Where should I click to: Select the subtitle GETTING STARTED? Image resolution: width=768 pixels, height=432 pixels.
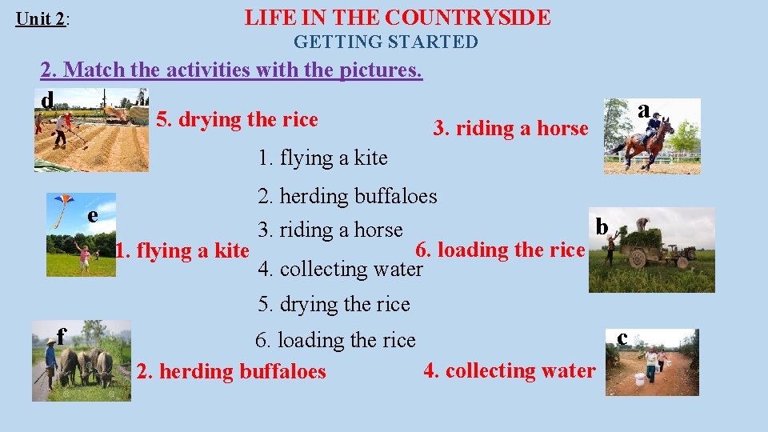386,42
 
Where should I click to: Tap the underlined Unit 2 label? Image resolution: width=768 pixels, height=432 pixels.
41,18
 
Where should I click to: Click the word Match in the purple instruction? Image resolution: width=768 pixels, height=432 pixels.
94,70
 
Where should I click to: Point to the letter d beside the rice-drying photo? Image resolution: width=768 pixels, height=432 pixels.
48,100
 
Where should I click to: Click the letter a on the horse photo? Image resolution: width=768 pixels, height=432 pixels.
644,110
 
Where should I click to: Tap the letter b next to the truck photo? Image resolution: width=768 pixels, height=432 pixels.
602,226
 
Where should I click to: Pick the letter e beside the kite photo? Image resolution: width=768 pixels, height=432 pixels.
93,214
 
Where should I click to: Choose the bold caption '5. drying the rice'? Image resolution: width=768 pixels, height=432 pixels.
237,120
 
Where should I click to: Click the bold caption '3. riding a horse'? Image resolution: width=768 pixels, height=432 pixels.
510,128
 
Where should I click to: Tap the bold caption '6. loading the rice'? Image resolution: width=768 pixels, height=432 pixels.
500,250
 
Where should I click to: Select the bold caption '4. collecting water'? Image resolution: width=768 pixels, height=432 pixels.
510,370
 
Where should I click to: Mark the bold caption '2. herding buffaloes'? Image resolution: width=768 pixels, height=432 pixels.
231,371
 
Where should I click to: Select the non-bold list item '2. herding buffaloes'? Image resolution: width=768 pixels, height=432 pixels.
347,196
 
